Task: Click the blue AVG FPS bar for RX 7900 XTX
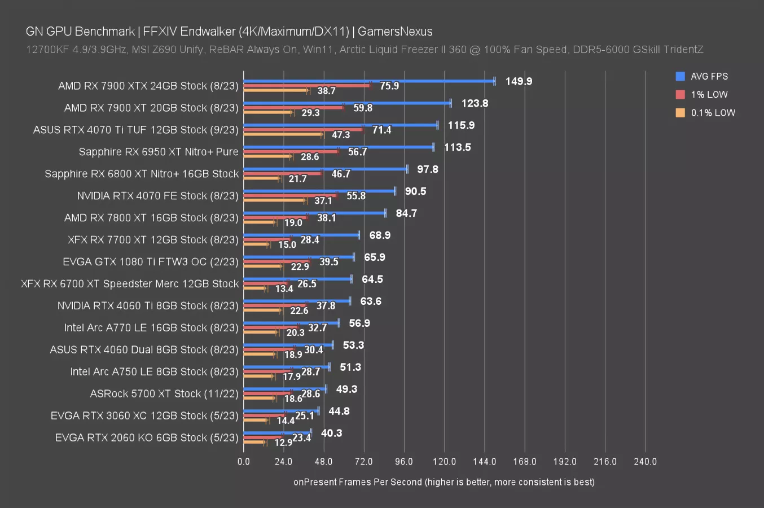[369, 81]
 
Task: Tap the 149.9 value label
[519, 81]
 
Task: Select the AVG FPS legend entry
[709, 76]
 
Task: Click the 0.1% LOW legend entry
[712, 112]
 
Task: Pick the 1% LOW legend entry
[709, 94]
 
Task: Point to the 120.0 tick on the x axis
[444, 462]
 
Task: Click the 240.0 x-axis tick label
[645, 462]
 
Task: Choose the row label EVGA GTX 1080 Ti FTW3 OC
[151, 262]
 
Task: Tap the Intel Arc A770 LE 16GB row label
[151, 328]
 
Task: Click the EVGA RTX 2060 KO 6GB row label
[147, 438]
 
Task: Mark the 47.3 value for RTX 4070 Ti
[341, 135]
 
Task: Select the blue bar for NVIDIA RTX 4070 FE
[319, 191]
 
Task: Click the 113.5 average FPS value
[457, 147]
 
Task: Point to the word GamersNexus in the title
[395, 32]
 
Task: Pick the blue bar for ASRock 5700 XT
[285, 389]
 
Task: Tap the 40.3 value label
[331, 433]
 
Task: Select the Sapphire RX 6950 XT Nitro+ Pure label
[159, 152]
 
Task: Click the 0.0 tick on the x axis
[244, 462]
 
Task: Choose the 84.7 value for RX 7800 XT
[406, 213]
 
